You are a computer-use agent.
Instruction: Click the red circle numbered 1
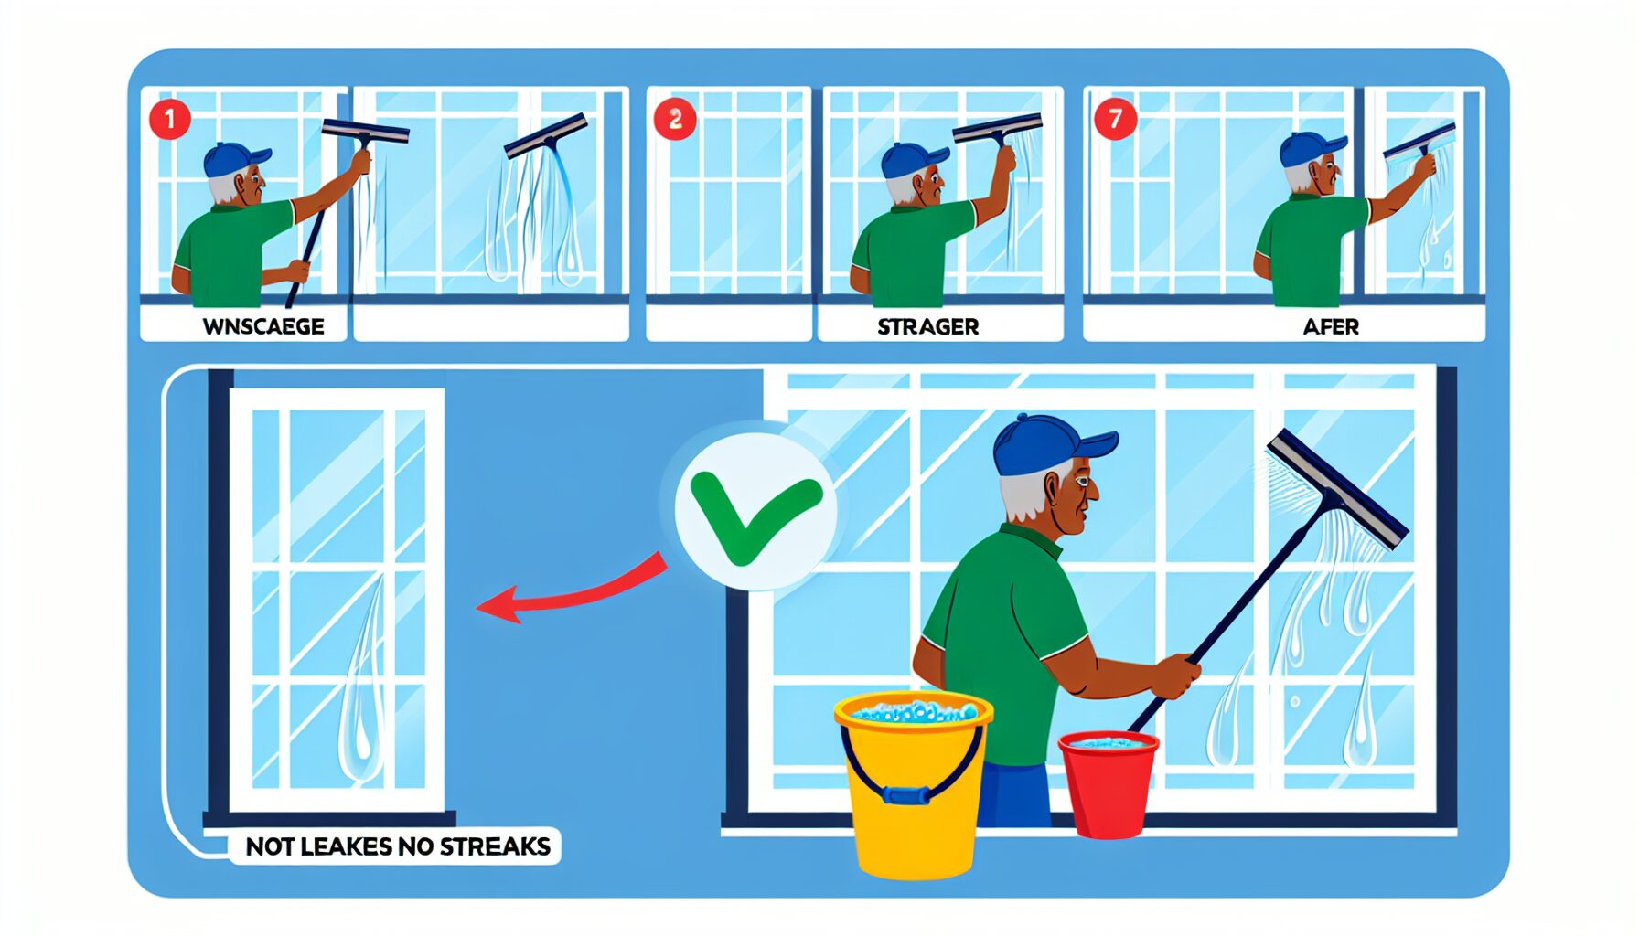tap(169, 119)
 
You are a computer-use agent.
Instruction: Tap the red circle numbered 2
tap(675, 119)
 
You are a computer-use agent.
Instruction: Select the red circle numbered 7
tap(1115, 119)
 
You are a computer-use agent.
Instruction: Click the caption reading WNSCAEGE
tap(263, 326)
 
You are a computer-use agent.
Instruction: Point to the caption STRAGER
tap(927, 326)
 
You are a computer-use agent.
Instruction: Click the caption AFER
tap(1331, 326)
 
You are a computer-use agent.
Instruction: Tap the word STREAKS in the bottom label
tap(495, 846)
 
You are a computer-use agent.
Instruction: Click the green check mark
tap(755, 516)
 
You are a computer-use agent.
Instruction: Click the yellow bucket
tap(913, 782)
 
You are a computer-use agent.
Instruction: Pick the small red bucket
tap(1108, 783)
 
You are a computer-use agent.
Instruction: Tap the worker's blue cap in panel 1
tap(235, 159)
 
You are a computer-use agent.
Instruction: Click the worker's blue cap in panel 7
tap(1310, 149)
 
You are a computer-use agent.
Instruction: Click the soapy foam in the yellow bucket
tap(913, 710)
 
